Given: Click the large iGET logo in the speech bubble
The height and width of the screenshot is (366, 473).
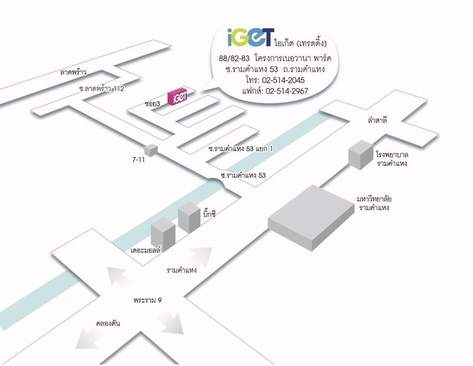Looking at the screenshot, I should tap(249, 37).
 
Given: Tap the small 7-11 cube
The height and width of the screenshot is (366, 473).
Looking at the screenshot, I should tap(151, 150).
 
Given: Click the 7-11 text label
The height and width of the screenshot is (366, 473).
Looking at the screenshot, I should tap(139, 159).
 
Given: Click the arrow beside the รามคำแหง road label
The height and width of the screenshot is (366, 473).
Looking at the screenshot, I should tap(201, 258).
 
